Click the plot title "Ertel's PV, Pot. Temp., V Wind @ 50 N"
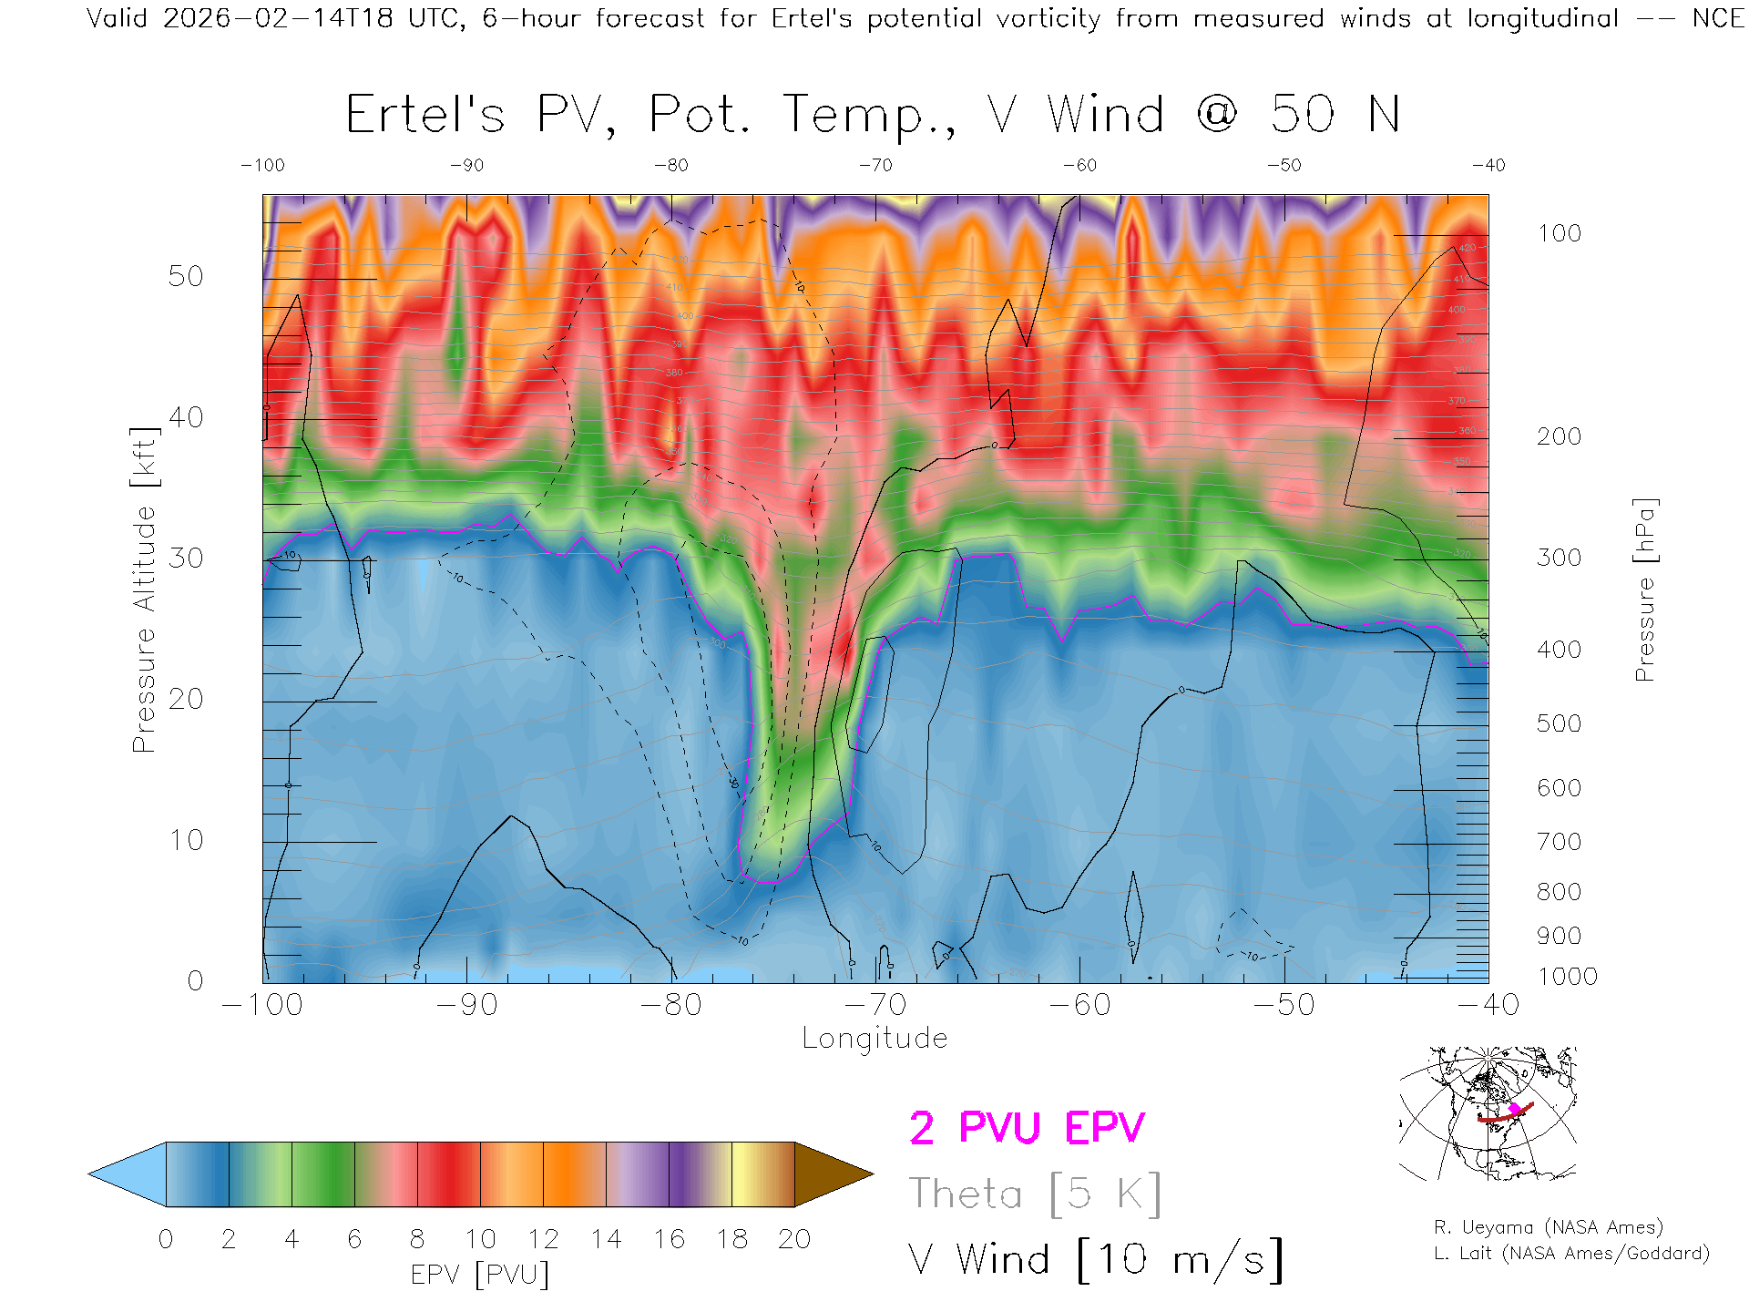[873, 115]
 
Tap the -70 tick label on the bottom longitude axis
[875, 1005]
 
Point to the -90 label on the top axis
[466, 166]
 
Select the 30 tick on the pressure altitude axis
[185, 558]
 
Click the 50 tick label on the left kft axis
[185, 276]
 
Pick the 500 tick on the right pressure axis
[1559, 723]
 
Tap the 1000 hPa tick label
[1567, 977]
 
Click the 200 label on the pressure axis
[1559, 436]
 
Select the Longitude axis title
[874, 1039]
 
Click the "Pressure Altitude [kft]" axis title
[144, 589]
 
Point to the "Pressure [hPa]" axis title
[1644, 589]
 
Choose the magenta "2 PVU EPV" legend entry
[1027, 1128]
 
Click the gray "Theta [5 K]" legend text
[1035, 1194]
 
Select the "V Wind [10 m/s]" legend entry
[1096, 1260]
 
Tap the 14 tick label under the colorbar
[606, 1239]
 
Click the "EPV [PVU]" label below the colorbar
[480, 1275]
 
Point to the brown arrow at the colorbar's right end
[831, 1174]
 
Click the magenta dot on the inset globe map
[1515, 1109]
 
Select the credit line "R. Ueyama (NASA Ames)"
[1549, 1227]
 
